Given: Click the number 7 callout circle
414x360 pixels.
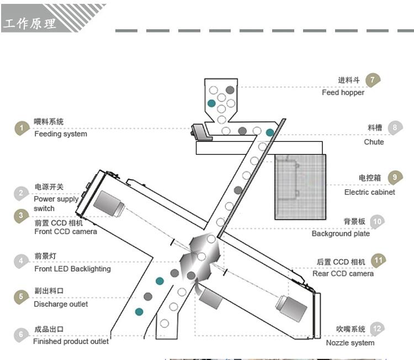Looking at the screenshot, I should tap(373, 80).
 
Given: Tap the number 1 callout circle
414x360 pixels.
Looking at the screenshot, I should tap(22, 128).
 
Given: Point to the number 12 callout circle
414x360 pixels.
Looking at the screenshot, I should tap(378, 329).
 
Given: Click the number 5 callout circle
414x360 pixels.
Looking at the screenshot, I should tap(22, 297).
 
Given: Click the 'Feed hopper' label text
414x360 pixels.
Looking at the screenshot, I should tap(343, 93).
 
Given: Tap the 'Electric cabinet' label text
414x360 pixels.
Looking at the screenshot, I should tap(369, 192).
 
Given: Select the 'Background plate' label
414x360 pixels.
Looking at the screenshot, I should tap(341, 234).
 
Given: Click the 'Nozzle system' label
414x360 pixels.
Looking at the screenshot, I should tap(350, 343).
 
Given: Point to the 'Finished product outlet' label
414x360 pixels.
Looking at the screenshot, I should tap(71, 341).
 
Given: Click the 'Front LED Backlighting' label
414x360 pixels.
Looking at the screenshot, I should tap(72, 269).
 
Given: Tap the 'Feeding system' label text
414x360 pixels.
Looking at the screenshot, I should tap(61, 134).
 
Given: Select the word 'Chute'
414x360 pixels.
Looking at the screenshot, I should tap(374, 142).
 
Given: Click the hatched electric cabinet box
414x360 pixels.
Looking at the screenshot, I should tap(300, 187).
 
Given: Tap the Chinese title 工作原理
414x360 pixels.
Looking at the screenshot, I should tap(30, 24).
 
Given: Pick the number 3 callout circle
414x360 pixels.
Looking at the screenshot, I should tap(22, 216).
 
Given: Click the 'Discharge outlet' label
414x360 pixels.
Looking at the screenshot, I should tap(61, 304).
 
